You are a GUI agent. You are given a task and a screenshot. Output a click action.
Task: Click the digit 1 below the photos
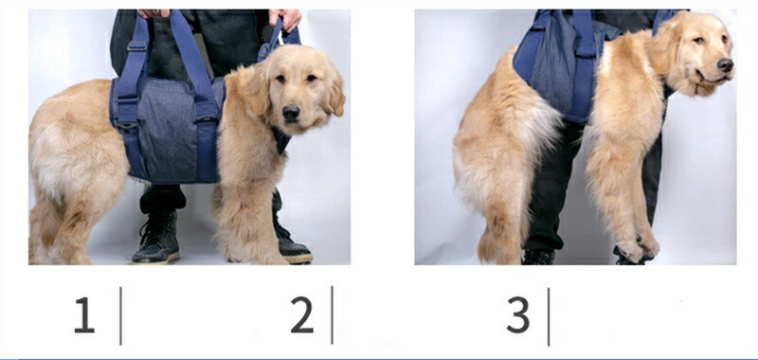click(84, 315)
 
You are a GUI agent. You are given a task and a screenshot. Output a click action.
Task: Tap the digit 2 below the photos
click(302, 315)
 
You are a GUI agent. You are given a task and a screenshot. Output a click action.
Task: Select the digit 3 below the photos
click(518, 315)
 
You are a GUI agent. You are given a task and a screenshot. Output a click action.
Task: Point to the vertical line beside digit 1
click(120, 315)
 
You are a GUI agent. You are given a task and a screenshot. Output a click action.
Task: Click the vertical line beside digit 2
click(333, 315)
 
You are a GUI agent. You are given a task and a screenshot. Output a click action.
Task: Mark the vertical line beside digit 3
click(549, 316)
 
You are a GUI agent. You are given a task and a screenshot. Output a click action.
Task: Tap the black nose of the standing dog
click(291, 114)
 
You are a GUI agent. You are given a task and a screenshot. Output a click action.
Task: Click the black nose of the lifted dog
click(725, 64)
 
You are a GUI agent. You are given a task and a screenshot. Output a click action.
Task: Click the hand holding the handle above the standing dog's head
click(286, 19)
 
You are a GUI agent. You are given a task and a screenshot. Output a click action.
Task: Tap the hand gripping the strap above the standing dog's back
click(153, 13)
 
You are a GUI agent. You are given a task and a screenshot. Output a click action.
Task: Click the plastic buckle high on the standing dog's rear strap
click(137, 45)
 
